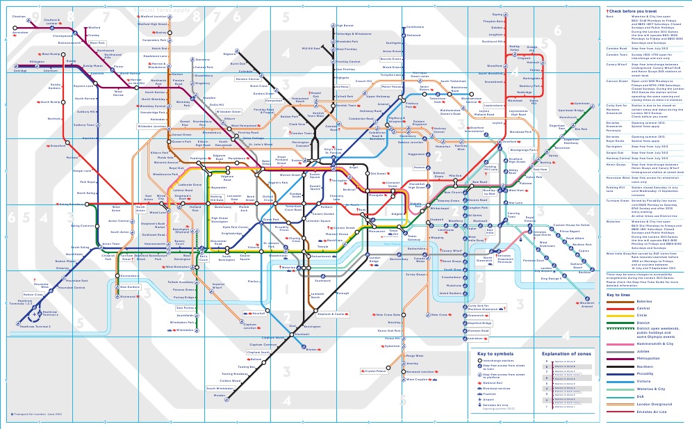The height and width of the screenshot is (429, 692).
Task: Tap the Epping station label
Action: (497, 15)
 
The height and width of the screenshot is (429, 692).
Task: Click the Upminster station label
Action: (582, 104)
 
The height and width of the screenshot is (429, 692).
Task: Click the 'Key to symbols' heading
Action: (495, 354)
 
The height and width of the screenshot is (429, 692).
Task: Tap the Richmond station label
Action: (130, 296)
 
